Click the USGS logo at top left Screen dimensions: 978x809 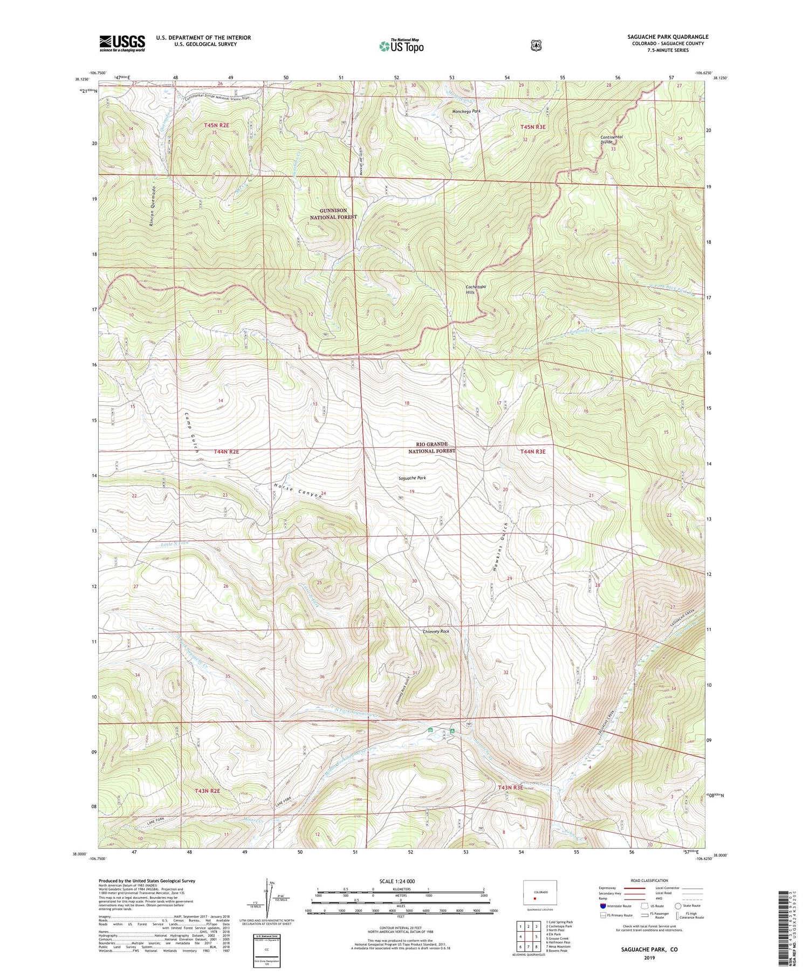pyautogui.click(x=122, y=43)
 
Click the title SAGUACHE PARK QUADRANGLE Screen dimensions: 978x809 pyautogui.click(x=668, y=37)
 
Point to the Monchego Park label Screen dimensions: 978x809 pyautogui.click(x=466, y=111)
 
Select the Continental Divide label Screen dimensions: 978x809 pyautogui.click(x=612, y=139)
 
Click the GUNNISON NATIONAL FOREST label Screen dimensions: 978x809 pyautogui.click(x=333, y=214)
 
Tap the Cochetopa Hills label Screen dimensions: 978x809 pyautogui.click(x=476, y=290)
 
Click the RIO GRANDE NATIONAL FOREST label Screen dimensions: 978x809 pyautogui.click(x=431, y=447)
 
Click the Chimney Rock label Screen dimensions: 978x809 pyautogui.click(x=436, y=631)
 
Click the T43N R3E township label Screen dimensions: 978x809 pyautogui.click(x=510, y=788)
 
